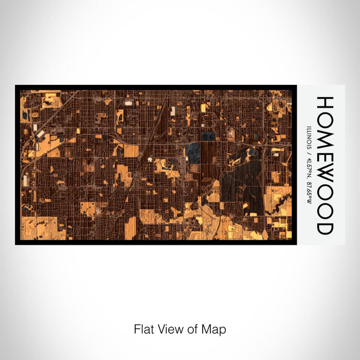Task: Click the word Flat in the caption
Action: tap(143, 329)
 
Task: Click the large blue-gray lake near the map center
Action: tap(193, 152)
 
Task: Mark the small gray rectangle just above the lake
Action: tap(208, 136)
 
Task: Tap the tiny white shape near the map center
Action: tap(150, 160)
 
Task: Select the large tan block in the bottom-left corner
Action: tap(42, 227)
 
